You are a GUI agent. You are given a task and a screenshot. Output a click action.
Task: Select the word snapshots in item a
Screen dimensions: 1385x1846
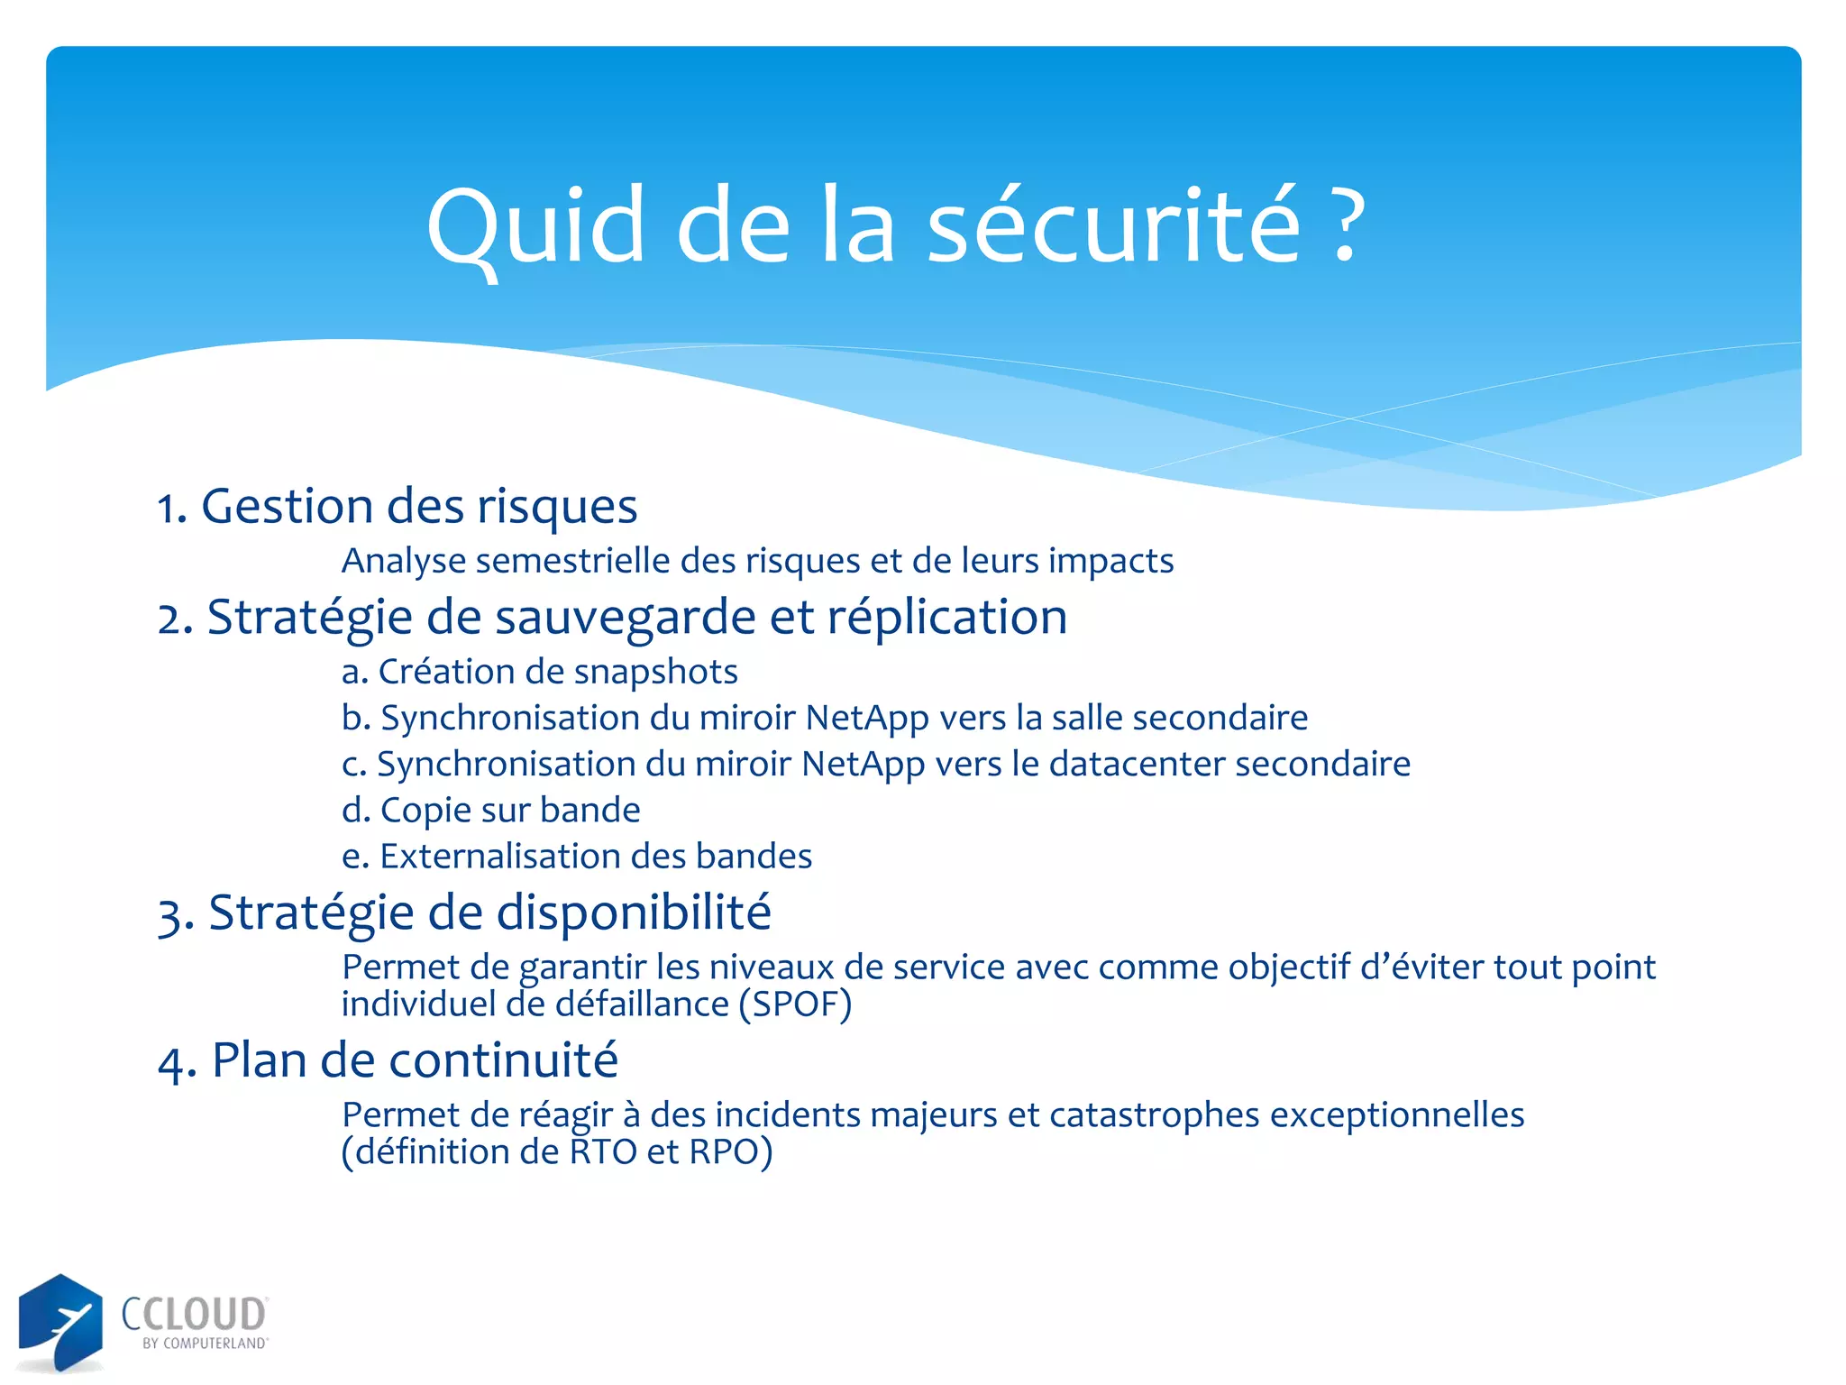pyautogui.click(x=655, y=672)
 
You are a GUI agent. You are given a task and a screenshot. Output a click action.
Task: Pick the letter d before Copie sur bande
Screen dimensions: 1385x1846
pyautogui.click(x=354, y=810)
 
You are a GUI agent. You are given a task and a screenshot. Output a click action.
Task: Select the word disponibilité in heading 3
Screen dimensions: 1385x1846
pyautogui.click(x=634, y=913)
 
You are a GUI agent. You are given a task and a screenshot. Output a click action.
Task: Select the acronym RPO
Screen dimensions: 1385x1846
pyautogui.click(x=723, y=1152)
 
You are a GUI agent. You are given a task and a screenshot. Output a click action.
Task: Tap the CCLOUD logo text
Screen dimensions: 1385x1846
pyautogui.click(x=194, y=1314)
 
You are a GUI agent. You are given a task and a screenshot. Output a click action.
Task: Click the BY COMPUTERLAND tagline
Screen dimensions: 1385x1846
pyautogui.click(x=205, y=1344)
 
